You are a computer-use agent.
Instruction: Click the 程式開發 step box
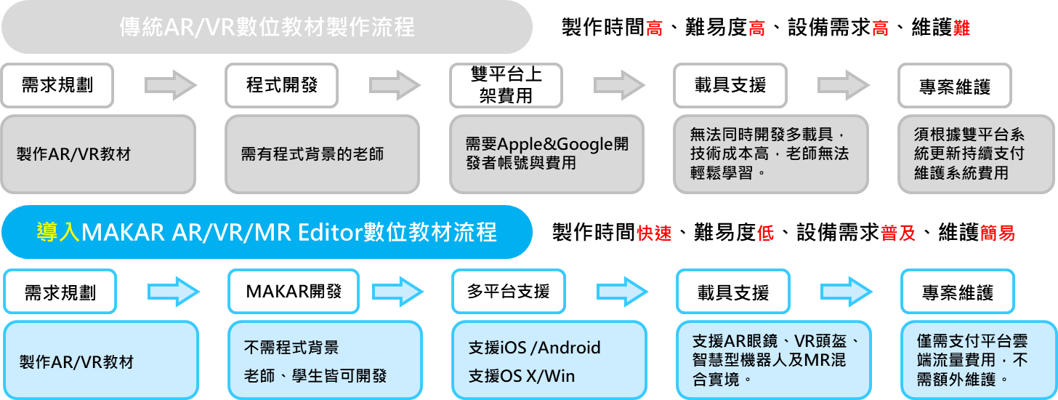pos(282,85)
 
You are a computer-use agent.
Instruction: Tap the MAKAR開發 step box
pos(293,292)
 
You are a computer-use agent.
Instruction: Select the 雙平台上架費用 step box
pos(506,85)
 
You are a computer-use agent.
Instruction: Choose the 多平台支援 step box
pos(508,292)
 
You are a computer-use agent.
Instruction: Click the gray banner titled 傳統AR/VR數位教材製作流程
pos(267,27)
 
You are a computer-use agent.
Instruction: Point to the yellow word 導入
pos(59,232)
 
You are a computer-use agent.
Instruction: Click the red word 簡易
pos(997,233)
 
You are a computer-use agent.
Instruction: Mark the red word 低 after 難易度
pos(764,233)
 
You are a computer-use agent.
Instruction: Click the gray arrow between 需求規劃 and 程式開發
pos(171,84)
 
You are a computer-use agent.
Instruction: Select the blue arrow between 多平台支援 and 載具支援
pos(621,292)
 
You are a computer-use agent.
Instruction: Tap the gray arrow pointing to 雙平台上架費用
pos(395,84)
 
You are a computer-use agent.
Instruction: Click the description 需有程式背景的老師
pos(312,154)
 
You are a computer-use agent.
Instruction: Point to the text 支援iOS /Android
pos(535,348)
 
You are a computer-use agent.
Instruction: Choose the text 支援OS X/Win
pos(522,375)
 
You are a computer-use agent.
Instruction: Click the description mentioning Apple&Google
pos(547,153)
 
